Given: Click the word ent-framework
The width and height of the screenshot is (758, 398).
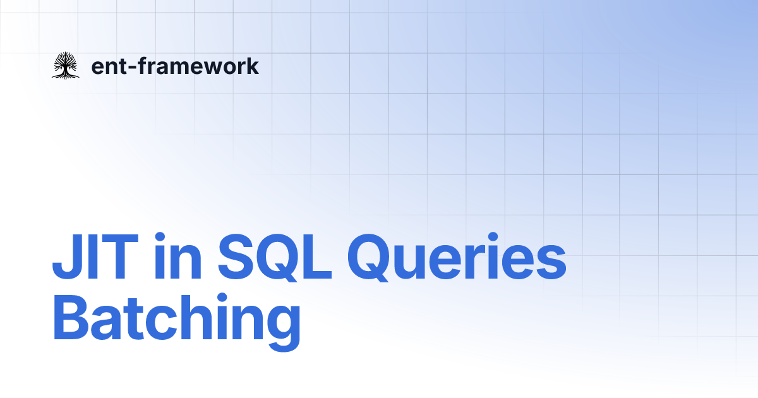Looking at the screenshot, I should tap(175, 66).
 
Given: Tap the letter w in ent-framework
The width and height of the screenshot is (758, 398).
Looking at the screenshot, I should tap(208, 67).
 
